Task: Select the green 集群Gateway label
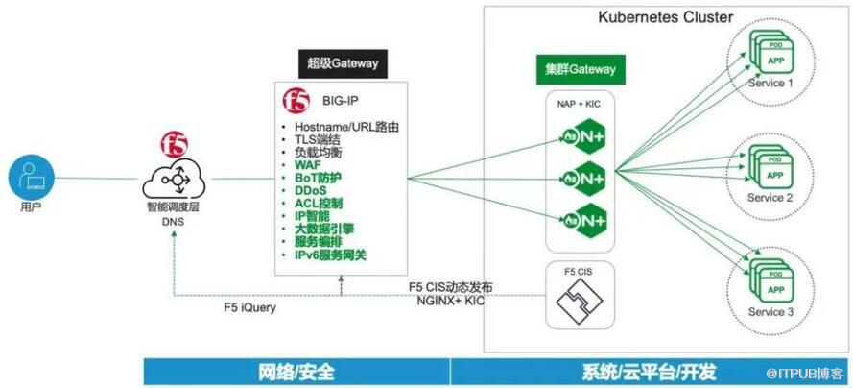tap(575, 70)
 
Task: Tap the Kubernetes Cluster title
tap(665, 17)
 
